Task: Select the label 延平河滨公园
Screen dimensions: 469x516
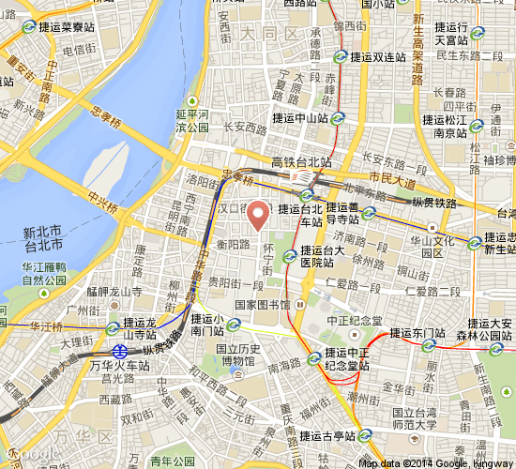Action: (190, 121)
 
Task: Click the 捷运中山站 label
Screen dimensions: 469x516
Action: (300, 119)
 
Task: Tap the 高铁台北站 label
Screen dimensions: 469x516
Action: (301, 162)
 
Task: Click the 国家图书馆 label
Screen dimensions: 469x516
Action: (263, 305)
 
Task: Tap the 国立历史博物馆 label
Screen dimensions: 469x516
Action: (236, 354)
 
